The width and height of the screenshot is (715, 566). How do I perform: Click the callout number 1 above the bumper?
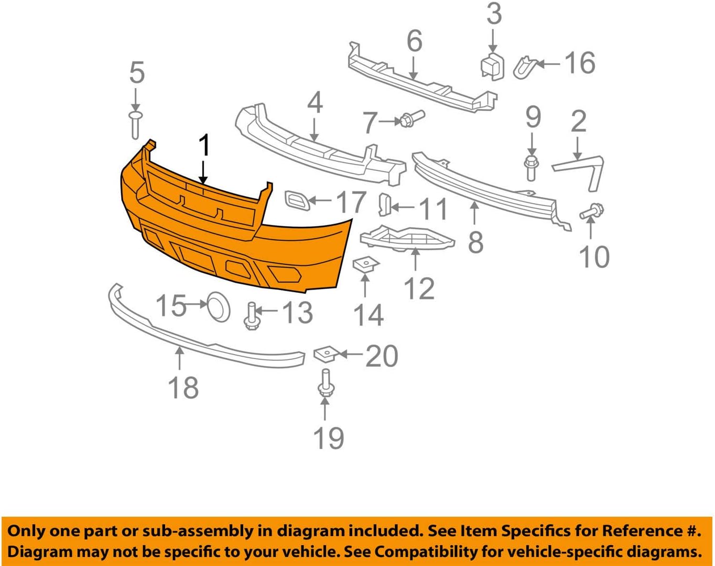(x=204, y=145)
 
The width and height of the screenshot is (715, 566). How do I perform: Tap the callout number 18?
(x=183, y=388)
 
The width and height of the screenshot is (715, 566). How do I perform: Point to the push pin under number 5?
(x=135, y=124)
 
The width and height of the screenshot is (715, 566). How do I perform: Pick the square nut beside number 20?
(x=325, y=355)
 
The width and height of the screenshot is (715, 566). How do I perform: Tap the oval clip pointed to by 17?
(x=297, y=200)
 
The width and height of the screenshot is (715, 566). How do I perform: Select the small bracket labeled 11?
(x=385, y=204)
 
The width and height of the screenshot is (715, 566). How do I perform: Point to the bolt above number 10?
(x=592, y=211)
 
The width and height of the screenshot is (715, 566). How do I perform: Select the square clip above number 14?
(x=366, y=264)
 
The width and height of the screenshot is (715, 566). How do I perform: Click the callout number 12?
(x=419, y=289)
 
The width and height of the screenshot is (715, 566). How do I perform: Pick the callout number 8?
(x=475, y=242)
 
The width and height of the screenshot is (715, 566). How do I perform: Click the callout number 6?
(x=414, y=41)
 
